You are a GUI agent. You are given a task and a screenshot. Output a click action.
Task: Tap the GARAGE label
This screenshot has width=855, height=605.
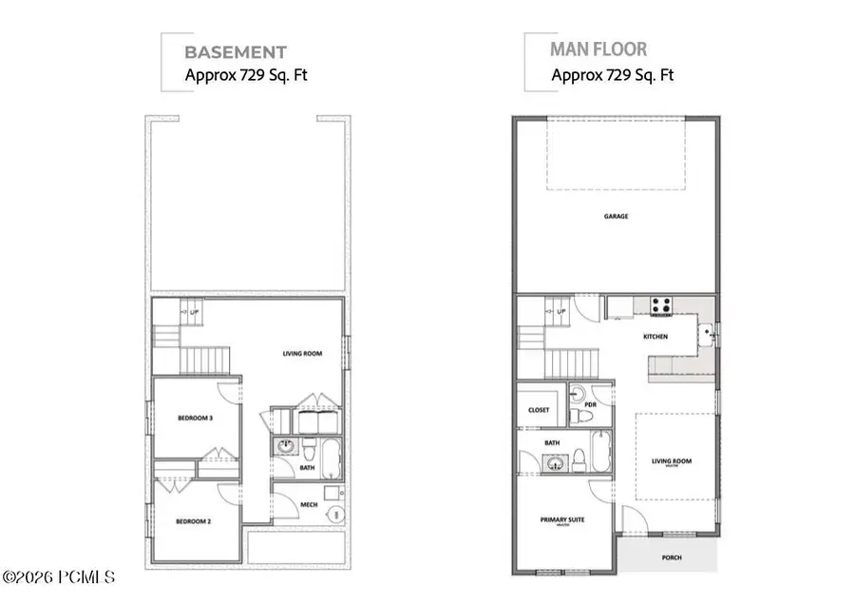click(x=616, y=216)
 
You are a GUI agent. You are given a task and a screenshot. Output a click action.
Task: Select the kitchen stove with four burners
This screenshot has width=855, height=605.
click(x=661, y=306)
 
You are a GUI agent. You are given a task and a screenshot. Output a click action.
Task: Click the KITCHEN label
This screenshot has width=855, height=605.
click(x=655, y=337)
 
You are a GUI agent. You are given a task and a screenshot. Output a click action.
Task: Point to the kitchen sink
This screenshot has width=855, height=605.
click(x=705, y=334)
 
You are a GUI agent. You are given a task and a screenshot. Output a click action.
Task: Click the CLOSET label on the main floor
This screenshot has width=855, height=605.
click(x=539, y=410)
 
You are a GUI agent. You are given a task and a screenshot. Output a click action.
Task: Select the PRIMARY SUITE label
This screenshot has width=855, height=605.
click(x=562, y=519)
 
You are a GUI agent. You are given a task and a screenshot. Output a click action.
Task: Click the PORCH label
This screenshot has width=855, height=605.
click(x=671, y=557)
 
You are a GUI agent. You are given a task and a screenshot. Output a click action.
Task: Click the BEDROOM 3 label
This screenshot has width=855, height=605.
click(x=194, y=419)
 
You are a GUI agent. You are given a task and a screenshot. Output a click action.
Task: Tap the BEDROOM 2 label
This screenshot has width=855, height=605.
click(x=194, y=521)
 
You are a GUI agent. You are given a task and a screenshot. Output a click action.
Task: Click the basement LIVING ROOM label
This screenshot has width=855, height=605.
click(x=302, y=354)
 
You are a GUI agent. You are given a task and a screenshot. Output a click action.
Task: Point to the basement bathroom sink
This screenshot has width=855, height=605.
click(x=284, y=445)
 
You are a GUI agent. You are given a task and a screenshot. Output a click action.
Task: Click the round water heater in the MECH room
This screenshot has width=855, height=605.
click(x=332, y=514)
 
